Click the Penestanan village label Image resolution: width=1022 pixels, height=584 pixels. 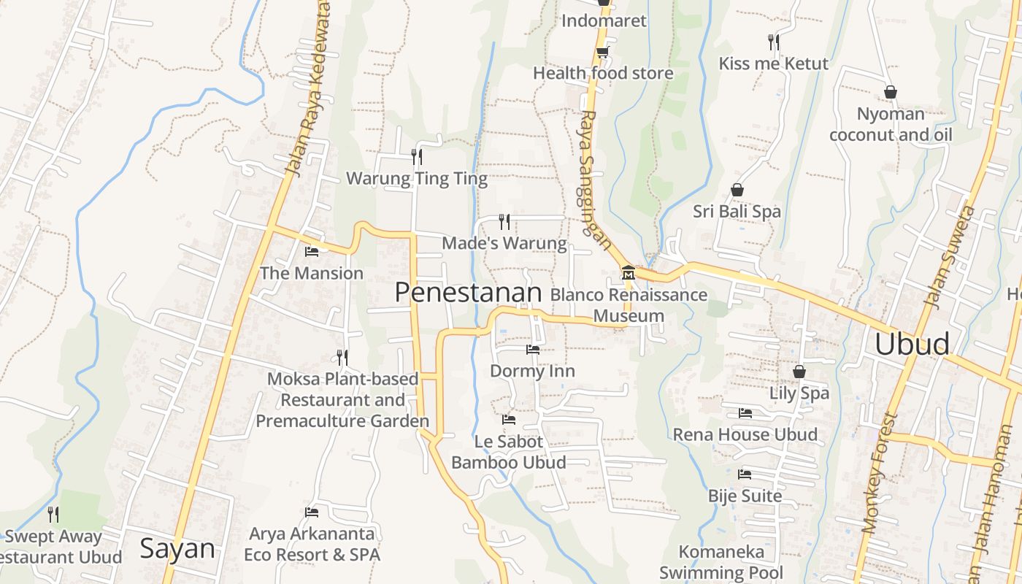tap(468, 293)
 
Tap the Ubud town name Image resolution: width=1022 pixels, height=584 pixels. tap(912, 344)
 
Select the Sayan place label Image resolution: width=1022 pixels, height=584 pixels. tap(177, 548)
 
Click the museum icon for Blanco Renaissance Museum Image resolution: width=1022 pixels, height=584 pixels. tap(628, 274)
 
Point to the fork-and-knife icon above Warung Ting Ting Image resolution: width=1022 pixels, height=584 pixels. tap(416, 156)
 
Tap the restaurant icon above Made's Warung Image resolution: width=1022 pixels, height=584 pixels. tap(504, 221)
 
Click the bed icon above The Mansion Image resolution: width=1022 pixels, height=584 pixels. tap(312, 252)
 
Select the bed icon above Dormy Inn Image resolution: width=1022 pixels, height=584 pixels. tap(533, 350)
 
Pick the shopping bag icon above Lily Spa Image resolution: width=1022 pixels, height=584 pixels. tap(799, 372)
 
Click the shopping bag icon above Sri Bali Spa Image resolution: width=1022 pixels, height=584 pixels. tap(737, 190)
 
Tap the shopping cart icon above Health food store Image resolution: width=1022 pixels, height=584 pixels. tap(602, 52)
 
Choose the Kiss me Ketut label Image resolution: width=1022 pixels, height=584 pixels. tap(774, 64)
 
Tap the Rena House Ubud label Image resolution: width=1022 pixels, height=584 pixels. tap(745, 434)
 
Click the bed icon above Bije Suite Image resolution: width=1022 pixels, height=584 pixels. tap(745, 474)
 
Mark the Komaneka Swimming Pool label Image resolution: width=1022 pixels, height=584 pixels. tap(721, 562)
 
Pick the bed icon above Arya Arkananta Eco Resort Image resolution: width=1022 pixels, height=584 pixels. tap(312, 512)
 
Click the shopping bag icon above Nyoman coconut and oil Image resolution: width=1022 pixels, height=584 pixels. tap(891, 92)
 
